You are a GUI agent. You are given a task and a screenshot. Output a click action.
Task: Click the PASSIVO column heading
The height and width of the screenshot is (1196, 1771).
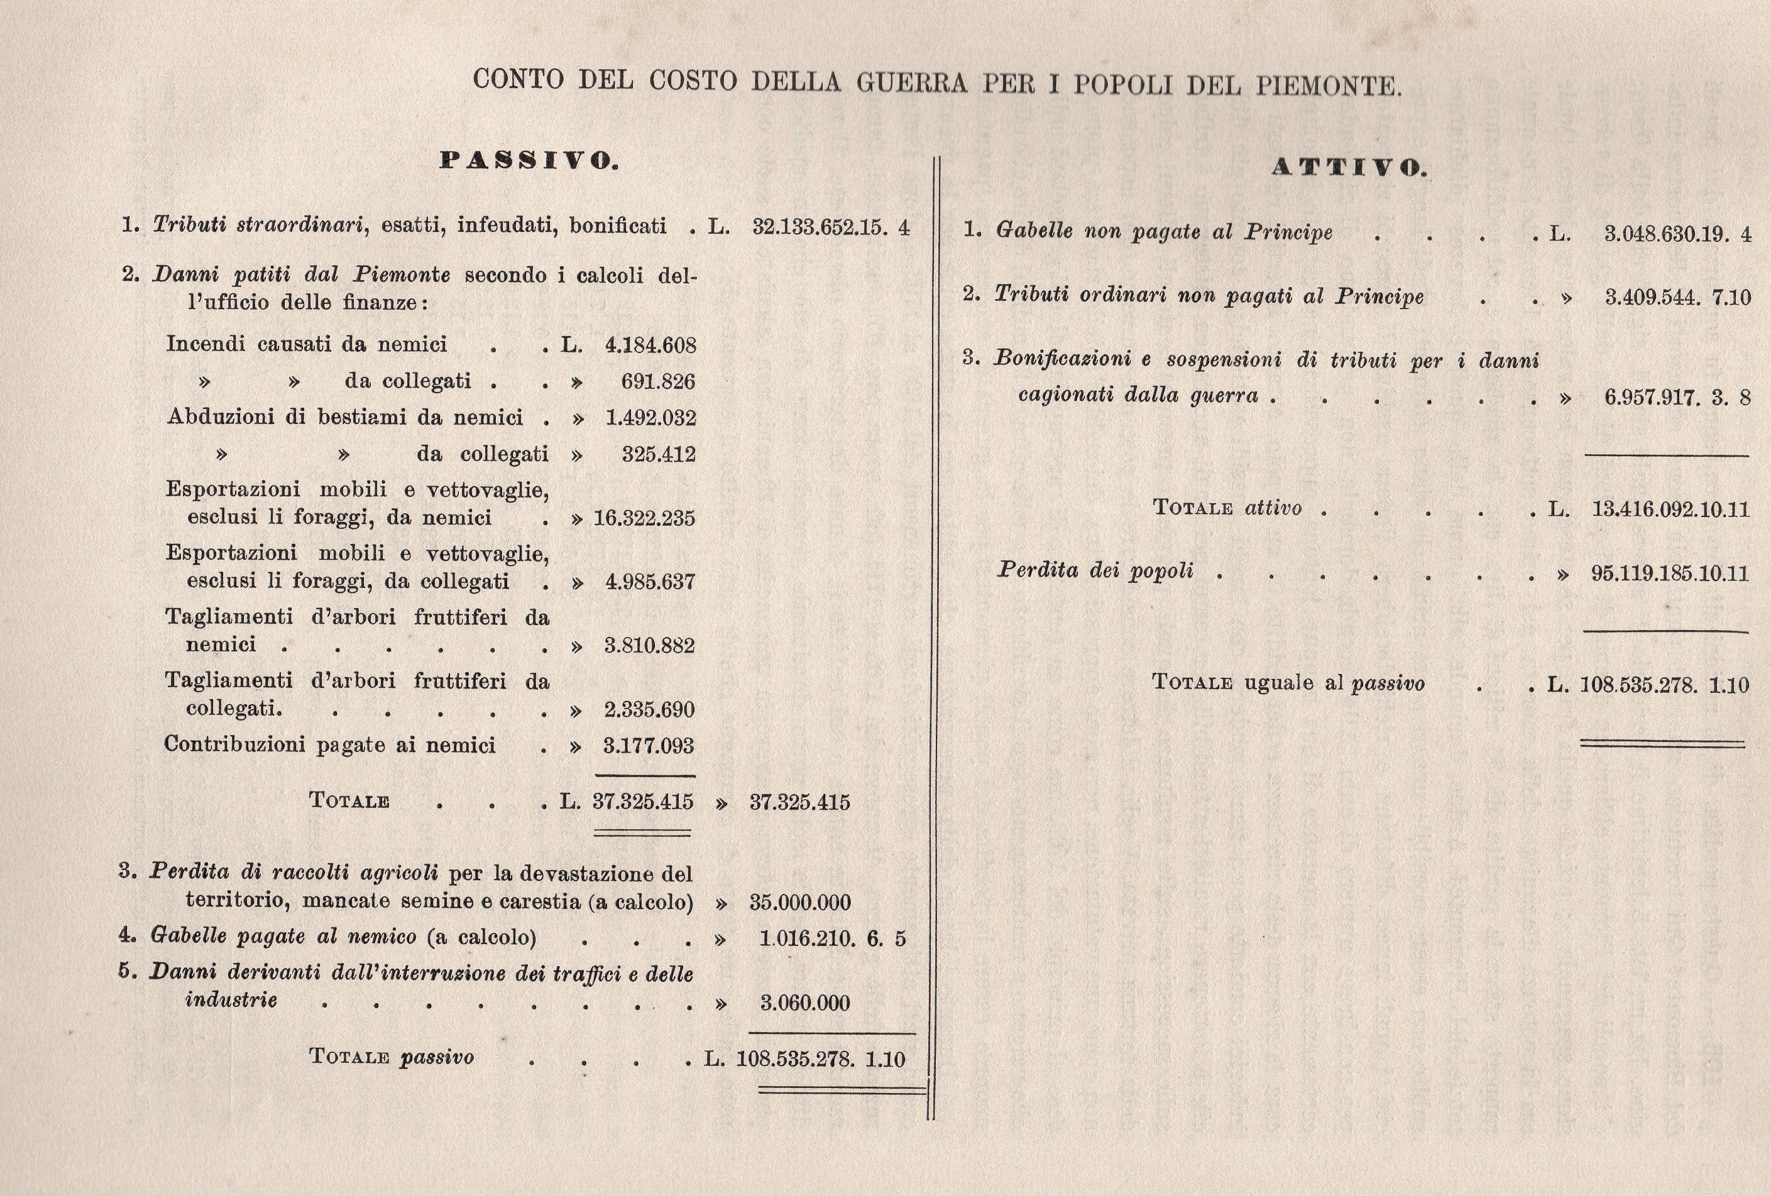[530, 161]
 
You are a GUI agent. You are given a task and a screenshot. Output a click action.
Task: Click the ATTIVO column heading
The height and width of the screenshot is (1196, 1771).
[1349, 168]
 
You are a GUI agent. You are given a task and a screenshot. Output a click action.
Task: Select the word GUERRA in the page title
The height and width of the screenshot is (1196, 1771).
[911, 82]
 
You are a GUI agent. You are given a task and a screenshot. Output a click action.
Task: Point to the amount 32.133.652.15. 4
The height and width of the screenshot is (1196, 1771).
[831, 227]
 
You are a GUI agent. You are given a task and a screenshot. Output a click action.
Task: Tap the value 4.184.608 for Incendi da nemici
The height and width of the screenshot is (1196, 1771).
[650, 345]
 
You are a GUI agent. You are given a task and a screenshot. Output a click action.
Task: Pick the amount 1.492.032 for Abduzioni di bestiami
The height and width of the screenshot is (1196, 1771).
[650, 418]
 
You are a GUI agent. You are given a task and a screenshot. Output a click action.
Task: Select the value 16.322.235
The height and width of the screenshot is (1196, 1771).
[644, 518]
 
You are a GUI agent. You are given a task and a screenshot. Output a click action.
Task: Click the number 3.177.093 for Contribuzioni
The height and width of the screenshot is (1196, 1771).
[649, 745]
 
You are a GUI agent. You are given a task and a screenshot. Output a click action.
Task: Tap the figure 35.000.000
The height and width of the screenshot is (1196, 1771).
[799, 903]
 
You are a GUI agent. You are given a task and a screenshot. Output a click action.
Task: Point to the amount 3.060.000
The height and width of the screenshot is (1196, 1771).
[804, 1003]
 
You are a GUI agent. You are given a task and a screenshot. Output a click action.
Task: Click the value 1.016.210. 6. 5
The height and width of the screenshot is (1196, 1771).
[832, 938]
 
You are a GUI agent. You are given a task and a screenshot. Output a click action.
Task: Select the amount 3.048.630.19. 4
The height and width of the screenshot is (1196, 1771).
[1677, 233]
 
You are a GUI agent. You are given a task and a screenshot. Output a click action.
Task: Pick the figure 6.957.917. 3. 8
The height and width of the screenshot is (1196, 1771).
[1677, 398]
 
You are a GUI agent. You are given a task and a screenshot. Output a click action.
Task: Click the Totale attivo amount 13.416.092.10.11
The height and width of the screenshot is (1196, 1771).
[1670, 509]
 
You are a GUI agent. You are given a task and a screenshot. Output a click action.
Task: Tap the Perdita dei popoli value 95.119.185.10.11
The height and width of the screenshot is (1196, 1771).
[1670, 573]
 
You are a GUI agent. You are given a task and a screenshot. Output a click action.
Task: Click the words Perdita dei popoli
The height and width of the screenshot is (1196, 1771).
[1095, 570]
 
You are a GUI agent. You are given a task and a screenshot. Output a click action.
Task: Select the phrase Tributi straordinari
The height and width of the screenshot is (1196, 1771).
[257, 225]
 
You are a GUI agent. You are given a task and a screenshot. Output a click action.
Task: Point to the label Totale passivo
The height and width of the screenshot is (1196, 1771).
[391, 1057]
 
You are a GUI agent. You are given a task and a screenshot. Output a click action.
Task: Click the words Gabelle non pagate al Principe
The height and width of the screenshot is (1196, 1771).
[1164, 231]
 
